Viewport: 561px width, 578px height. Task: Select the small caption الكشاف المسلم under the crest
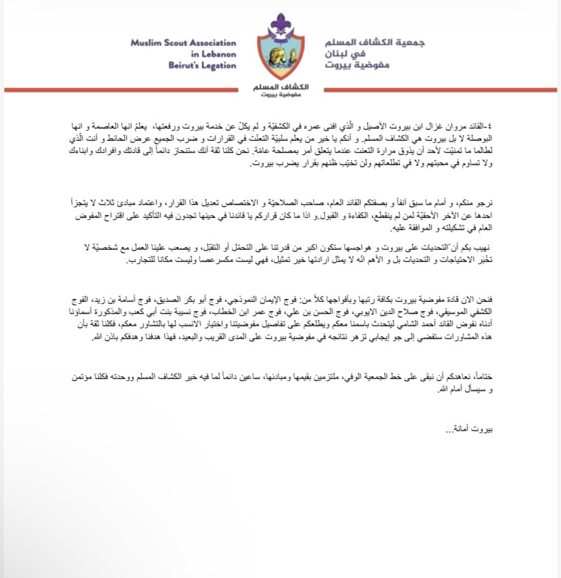coord(280,88)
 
